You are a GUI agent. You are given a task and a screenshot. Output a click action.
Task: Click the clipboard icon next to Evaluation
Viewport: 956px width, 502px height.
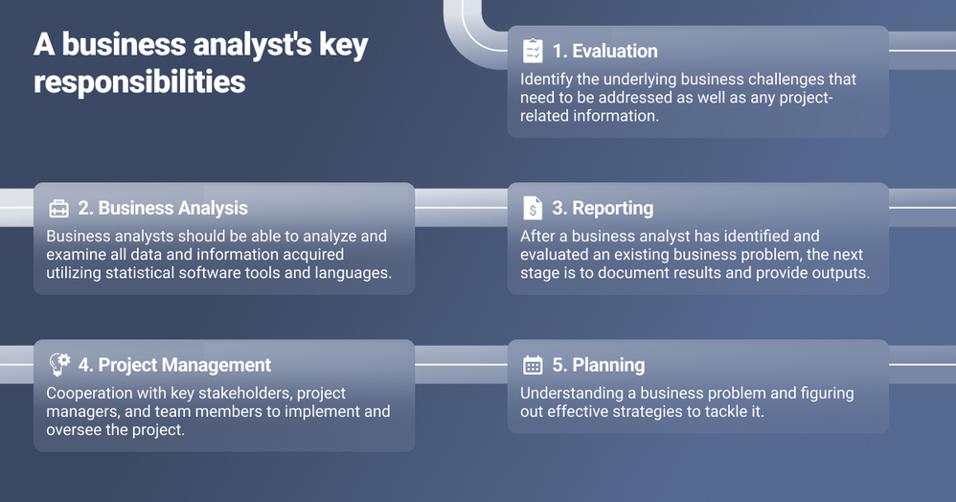click(x=533, y=51)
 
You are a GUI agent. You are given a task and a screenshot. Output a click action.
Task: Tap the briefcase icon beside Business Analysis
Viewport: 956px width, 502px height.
click(x=59, y=208)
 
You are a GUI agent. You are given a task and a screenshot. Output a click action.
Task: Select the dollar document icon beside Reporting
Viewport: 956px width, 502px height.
click(x=533, y=208)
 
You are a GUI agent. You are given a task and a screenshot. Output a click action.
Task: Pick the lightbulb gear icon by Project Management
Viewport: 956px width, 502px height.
click(x=59, y=364)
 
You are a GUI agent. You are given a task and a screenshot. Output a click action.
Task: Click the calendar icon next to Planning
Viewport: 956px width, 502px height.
click(x=533, y=365)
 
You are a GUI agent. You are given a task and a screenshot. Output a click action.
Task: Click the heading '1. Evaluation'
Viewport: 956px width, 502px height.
click(x=604, y=51)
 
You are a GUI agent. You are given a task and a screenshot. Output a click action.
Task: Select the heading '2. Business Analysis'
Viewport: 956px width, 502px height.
click(x=163, y=208)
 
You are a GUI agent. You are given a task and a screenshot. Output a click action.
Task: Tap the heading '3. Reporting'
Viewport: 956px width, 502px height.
click(x=603, y=208)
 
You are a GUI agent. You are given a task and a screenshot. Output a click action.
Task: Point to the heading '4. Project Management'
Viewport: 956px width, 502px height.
click(x=174, y=365)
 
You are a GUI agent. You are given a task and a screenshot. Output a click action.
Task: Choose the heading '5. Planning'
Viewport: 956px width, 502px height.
click(x=598, y=365)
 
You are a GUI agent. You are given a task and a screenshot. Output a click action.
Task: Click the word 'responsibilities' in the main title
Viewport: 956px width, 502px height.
click(x=140, y=81)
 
